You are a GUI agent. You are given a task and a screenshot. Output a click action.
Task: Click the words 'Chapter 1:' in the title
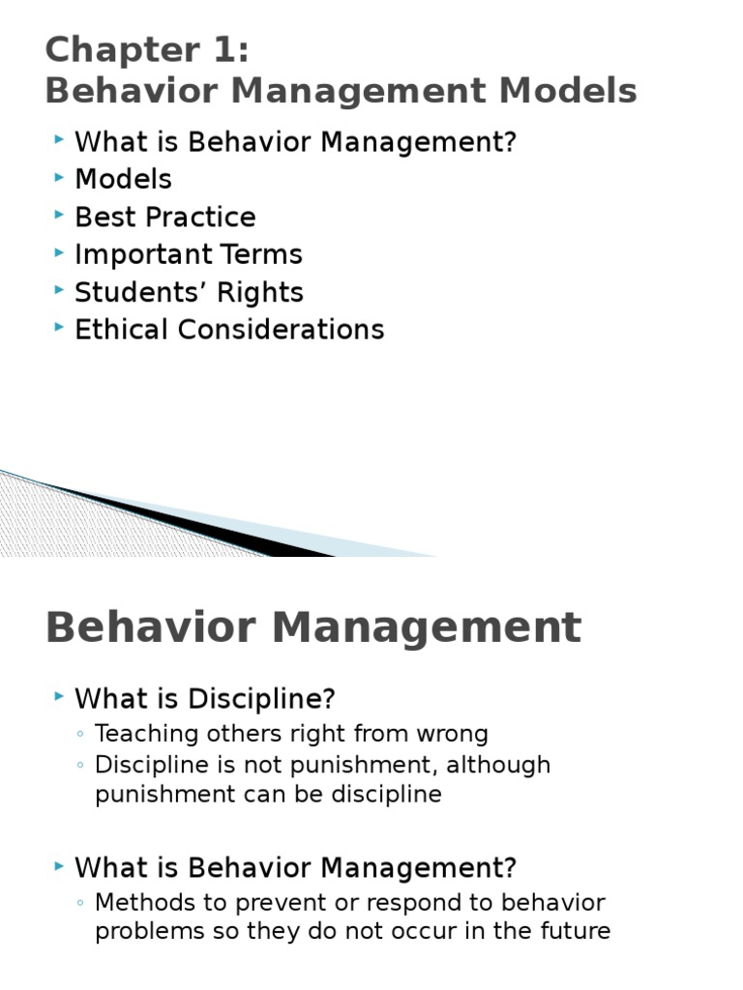point(147,50)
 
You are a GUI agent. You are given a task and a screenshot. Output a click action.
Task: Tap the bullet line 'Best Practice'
point(164,217)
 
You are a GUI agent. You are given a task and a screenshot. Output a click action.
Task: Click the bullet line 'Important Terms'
point(188,254)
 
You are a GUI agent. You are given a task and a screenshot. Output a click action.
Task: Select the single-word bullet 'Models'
point(123,179)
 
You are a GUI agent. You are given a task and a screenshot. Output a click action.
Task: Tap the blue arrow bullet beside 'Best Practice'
point(61,216)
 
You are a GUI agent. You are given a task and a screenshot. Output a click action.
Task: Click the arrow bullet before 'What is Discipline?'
point(61,697)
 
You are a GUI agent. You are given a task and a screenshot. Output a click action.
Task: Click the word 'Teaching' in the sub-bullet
point(138,735)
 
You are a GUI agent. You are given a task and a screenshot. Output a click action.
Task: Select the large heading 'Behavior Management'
point(313,627)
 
